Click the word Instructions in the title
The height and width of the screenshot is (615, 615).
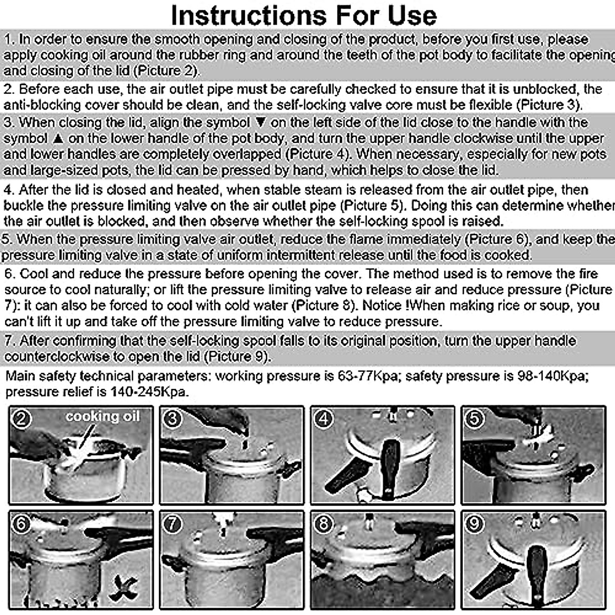249,15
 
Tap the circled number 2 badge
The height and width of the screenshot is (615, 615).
21,419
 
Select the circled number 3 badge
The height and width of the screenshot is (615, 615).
172,419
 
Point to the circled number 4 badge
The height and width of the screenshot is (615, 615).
323,419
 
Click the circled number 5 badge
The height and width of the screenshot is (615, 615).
474,419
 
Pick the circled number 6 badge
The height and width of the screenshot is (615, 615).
21,524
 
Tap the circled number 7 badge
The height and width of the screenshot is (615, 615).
172,524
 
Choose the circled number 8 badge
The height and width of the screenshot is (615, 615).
323,524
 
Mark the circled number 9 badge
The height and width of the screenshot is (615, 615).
474,524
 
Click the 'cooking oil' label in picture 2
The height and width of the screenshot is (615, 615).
103,417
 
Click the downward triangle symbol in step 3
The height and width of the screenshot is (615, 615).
261,122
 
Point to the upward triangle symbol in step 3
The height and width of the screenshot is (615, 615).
58,138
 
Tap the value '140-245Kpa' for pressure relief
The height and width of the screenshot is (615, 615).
148,392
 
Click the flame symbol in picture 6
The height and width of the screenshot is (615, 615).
123,588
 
